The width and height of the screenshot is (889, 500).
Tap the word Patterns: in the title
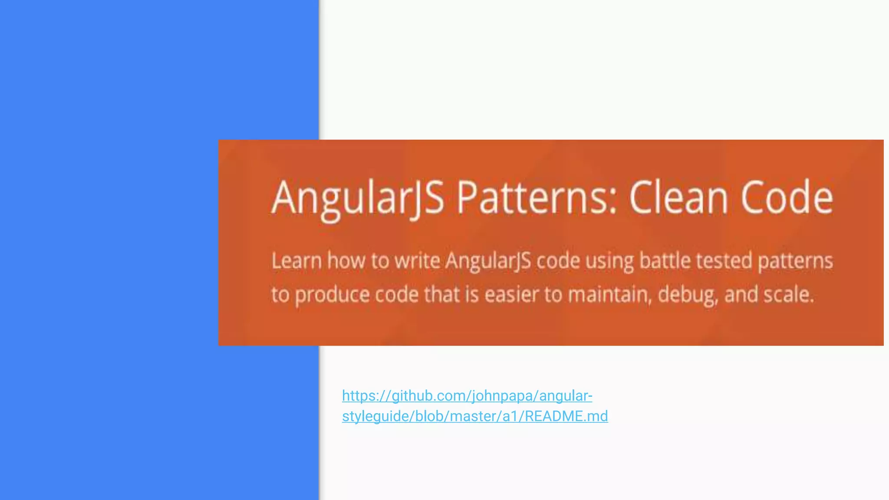[x=537, y=198]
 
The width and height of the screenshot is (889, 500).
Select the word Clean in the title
[x=678, y=198]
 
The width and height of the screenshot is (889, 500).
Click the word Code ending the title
[x=787, y=198]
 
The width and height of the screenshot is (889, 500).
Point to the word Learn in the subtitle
[x=296, y=261]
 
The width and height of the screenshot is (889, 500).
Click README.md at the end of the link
[x=566, y=416]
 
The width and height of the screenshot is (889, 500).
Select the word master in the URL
[x=474, y=416]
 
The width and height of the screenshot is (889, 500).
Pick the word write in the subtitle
[x=417, y=261]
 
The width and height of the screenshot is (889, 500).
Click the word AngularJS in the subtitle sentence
[x=488, y=261]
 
